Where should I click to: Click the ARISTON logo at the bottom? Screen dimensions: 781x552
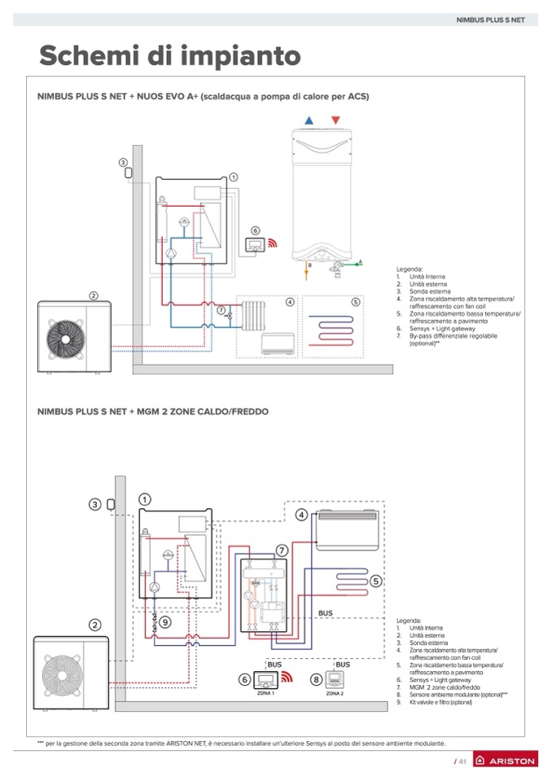tap(505, 760)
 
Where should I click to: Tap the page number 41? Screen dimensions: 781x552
tap(461, 761)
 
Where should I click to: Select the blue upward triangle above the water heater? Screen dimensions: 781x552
tap(309, 121)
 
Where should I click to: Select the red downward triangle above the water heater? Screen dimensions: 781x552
tap(335, 121)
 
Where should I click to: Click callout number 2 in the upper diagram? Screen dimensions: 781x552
tap(94, 296)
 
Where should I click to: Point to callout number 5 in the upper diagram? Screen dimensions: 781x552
tap(356, 301)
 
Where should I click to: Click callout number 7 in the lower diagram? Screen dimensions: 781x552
tap(282, 551)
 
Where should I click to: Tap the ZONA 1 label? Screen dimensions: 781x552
tap(266, 693)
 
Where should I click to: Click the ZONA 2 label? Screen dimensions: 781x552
tap(335, 693)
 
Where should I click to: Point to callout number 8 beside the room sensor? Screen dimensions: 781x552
tap(316, 678)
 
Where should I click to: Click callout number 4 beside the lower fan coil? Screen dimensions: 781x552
tap(301, 515)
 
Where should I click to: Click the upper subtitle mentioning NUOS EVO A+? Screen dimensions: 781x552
tap(203, 96)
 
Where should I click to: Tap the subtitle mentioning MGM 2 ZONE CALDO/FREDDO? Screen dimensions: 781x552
tap(152, 411)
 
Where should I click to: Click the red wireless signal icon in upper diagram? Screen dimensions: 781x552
tap(274, 243)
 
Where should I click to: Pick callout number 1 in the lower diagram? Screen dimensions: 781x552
tap(145, 498)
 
